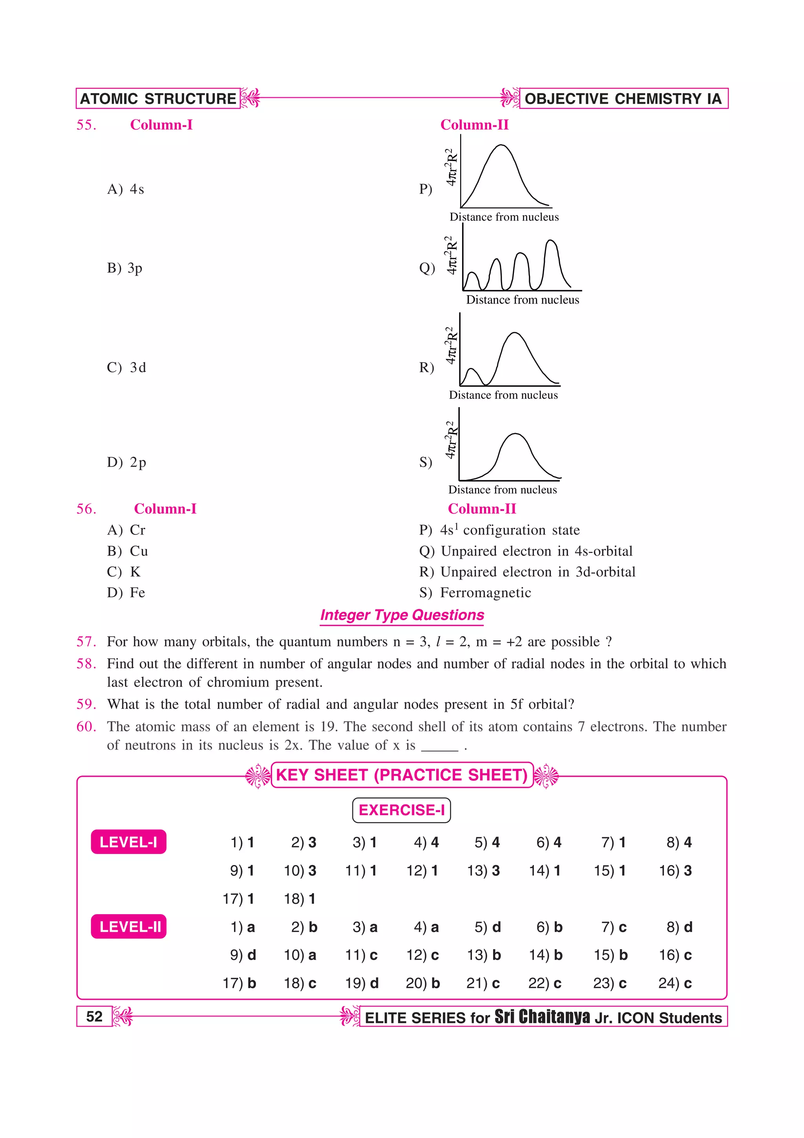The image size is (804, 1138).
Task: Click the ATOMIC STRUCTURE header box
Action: [x=158, y=99]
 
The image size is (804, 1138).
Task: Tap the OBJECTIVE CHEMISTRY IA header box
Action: [x=623, y=99]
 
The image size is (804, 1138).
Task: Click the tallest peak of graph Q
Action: [x=551, y=242]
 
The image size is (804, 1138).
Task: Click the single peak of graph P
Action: [x=501, y=146]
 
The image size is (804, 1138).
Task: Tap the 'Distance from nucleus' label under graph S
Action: [x=502, y=490]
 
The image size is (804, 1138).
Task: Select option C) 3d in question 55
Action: [x=127, y=367]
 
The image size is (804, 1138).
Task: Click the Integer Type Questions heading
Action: [x=402, y=615]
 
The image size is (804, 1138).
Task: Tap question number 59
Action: [x=86, y=704]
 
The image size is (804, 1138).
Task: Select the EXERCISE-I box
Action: [x=401, y=810]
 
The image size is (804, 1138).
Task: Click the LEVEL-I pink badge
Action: [x=128, y=842]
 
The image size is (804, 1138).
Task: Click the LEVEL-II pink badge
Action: [x=129, y=926]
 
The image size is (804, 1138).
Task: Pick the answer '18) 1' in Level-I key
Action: [x=300, y=898]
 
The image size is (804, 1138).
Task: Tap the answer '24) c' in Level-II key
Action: [x=675, y=983]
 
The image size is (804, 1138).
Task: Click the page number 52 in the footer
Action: [x=94, y=1017]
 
